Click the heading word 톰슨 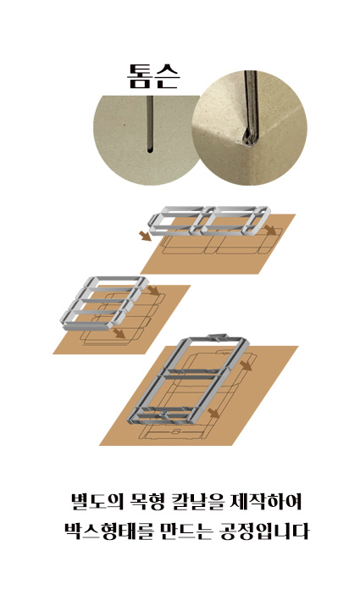pyautogui.click(x=153, y=76)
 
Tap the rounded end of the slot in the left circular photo pyautogui.click(x=150, y=150)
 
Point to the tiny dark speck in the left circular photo pyautogui.click(x=124, y=125)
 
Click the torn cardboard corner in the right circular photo pyautogui.click(x=248, y=136)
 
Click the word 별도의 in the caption pyautogui.click(x=98, y=502)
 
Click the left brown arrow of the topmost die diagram pyautogui.click(x=145, y=236)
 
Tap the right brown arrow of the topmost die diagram pyautogui.click(x=270, y=230)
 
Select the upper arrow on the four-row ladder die pyautogui.click(x=153, y=291)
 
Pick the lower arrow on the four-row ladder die pyautogui.click(x=119, y=333)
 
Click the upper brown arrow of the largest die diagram pyautogui.click(x=246, y=365)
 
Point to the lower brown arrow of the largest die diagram pyautogui.click(x=213, y=413)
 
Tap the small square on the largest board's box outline pyautogui.click(x=175, y=431)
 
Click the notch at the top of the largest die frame pyautogui.click(x=218, y=337)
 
